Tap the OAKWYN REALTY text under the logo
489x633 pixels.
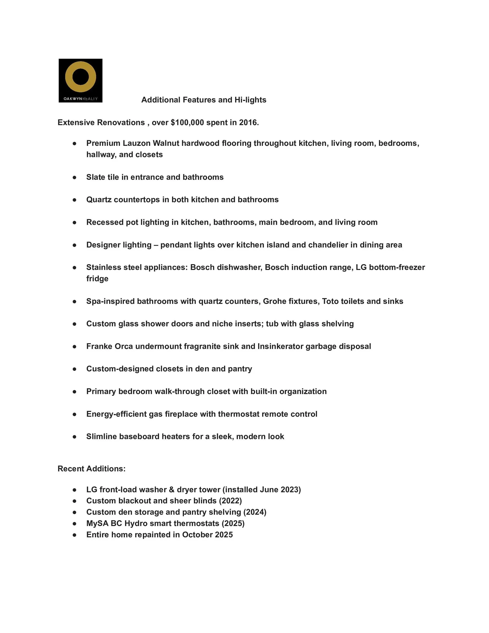tap(80, 99)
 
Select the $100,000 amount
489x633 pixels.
tap(187, 123)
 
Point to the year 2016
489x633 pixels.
tap(248, 123)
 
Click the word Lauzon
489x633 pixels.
tap(136, 143)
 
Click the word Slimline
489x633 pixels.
tap(101, 437)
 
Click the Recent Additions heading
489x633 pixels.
tap(91, 469)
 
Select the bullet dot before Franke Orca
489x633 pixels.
tap(74, 347)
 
